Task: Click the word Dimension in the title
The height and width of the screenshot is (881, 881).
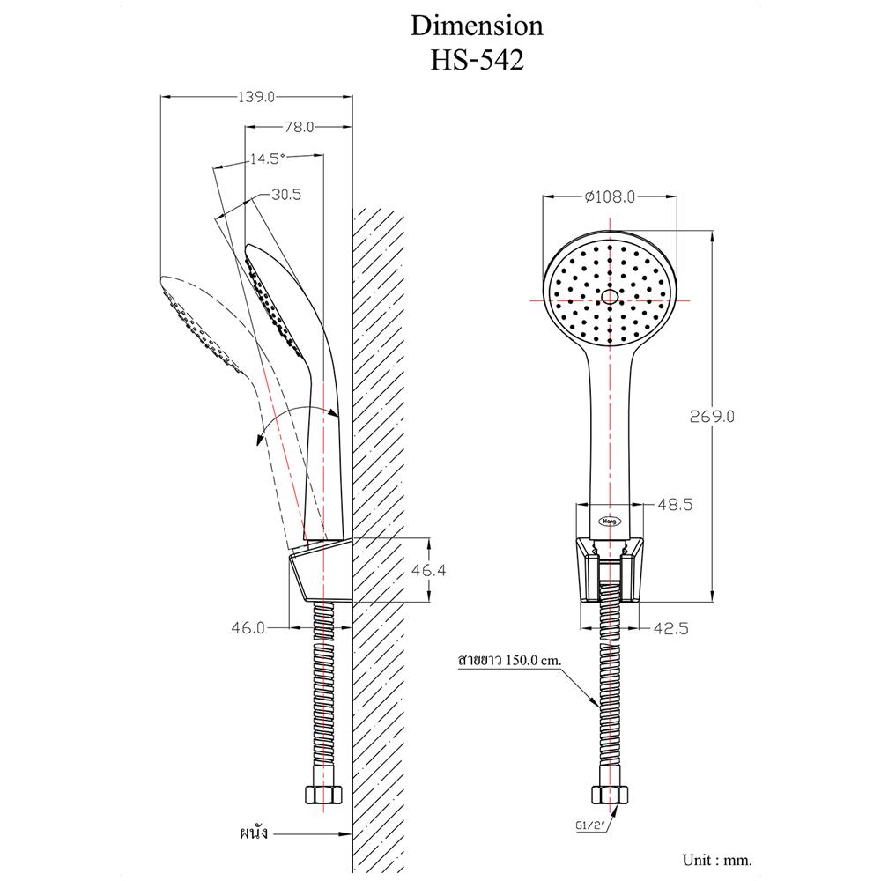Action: pos(478,26)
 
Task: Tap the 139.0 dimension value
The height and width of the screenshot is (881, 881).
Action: pos(256,97)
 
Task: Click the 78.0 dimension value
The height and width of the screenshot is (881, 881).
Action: pos(299,128)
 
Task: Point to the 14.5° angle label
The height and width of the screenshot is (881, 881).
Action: pos(268,159)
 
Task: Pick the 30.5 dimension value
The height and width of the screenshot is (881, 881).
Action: pos(286,196)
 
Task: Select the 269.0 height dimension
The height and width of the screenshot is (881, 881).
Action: pos(711,416)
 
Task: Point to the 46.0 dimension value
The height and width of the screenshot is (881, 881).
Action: pos(248,628)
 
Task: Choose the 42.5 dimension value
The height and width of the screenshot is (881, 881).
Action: pos(670,628)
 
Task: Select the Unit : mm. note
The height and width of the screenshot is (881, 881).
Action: pos(717,859)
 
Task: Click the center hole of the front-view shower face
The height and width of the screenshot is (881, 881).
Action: pos(611,297)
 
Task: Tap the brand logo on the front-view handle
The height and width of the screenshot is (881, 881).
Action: pos(611,520)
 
